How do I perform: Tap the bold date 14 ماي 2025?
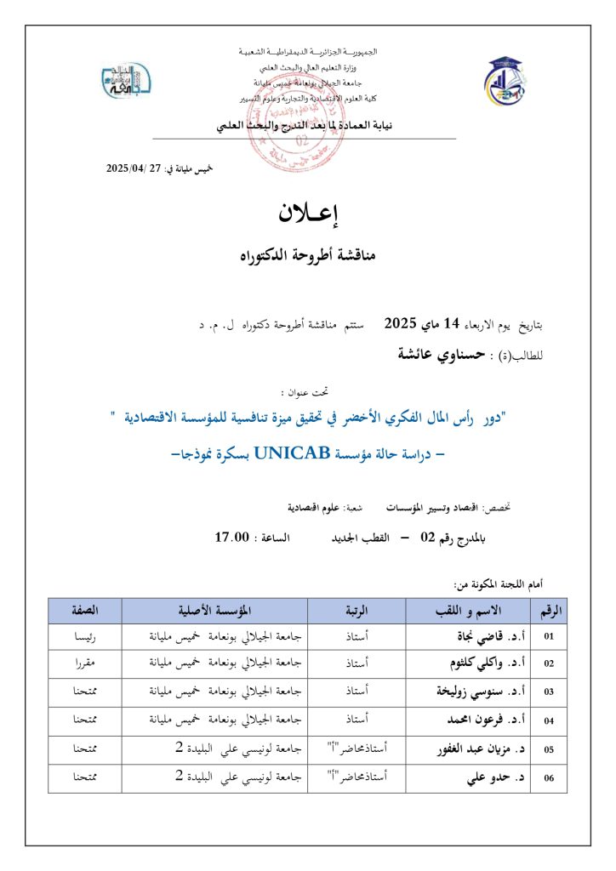411,322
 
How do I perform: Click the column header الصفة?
84,611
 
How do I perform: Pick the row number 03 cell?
549,692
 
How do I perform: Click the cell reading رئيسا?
84,635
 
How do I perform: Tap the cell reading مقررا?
84,663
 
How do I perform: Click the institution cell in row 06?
214,777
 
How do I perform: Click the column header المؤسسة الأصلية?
214,611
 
